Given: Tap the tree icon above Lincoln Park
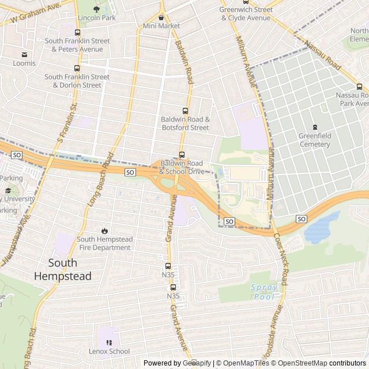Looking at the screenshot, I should click(96, 9).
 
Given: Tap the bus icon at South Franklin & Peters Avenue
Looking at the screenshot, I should click(77, 32).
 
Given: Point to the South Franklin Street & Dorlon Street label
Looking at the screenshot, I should click(77, 81).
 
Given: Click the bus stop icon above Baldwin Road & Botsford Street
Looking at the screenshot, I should click(185, 111).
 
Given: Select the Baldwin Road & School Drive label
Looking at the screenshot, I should click(182, 167).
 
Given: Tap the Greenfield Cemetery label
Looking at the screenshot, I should click(315, 140).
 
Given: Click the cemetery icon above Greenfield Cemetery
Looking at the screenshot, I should click(315, 127).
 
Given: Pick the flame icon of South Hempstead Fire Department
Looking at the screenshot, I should click(104, 230).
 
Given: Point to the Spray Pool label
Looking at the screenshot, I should click(264, 292).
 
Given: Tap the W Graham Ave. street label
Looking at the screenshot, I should click(36, 14).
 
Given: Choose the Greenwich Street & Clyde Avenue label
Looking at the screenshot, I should click(246, 14).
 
